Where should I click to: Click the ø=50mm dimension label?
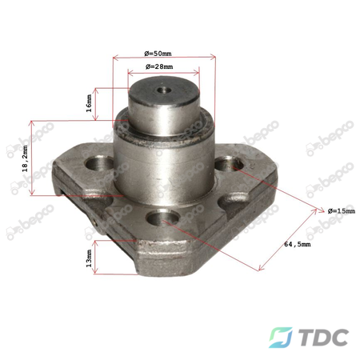[x=158, y=54]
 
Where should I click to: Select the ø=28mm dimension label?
[x=159, y=66]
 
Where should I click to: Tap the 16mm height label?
[x=89, y=103]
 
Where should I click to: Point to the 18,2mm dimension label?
[x=26, y=158]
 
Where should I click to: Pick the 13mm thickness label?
[x=89, y=258]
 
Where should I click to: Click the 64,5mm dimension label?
[x=298, y=244]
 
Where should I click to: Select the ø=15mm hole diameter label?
[x=342, y=211]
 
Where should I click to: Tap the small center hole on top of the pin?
[x=164, y=90]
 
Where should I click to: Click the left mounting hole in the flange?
[x=100, y=163]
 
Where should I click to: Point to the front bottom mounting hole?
[x=162, y=218]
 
